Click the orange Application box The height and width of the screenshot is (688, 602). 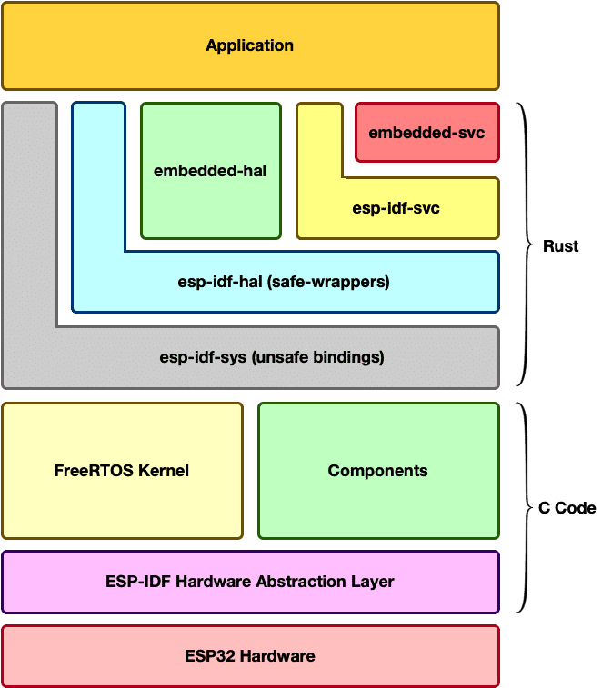pyautogui.click(x=250, y=45)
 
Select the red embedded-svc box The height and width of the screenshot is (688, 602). pyautogui.click(x=426, y=134)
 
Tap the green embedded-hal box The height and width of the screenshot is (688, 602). pyautogui.click(x=210, y=170)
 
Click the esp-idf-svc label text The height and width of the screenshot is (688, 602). pyautogui.click(x=396, y=208)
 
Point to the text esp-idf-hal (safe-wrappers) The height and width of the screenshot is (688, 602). pyautogui.click(x=284, y=282)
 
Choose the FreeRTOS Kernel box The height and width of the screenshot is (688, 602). pyautogui.click(x=122, y=471)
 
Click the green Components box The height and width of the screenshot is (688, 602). pyautogui.click(x=377, y=471)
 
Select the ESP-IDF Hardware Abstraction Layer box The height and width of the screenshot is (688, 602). pyautogui.click(x=250, y=582)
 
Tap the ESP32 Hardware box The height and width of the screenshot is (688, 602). pyautogui.click(x=250, y=655)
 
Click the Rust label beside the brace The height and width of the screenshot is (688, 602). pyautogui.click(x=560, y=246)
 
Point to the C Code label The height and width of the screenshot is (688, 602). pyautogui.click(x=567, y=508)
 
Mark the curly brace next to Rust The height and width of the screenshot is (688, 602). pyautogui.click(x=526, y=245)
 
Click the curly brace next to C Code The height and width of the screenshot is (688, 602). pyautogui.click(x=525, y=508)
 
